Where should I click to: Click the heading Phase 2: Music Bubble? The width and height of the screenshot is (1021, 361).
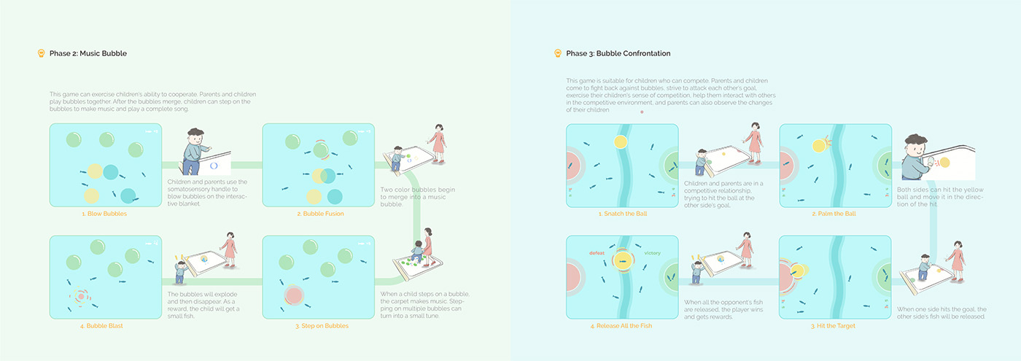click(x=88, y=53)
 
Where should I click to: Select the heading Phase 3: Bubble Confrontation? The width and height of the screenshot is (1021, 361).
click(x=618, y=53)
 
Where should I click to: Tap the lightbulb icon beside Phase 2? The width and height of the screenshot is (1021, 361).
click(x=42, y=53)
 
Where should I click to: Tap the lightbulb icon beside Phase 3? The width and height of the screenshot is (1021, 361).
click(x=558, y=53)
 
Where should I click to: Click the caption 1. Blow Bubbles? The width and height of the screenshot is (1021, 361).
click(x=104, y=214)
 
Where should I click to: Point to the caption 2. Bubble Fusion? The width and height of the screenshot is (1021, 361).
click(x=320, y=214)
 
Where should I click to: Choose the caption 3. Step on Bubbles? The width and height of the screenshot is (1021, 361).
click(x=322, y=325)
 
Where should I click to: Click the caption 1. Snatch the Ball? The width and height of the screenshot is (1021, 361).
click(x=621, y=214)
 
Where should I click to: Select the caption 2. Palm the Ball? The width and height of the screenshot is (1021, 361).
click(x=834, y=214)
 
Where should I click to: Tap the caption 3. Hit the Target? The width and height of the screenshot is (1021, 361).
click(x=833, y=325)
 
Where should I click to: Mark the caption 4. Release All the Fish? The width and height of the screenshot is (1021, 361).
click(x=621, y=325)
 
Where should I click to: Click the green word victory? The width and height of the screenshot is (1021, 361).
click(x=652, y=253)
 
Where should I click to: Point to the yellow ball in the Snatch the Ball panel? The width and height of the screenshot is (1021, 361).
click(x=621, y=141)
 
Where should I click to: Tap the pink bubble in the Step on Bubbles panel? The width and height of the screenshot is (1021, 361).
click(x=294, y=295)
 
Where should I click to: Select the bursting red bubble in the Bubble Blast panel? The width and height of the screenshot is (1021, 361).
click(x=81, y=298)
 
